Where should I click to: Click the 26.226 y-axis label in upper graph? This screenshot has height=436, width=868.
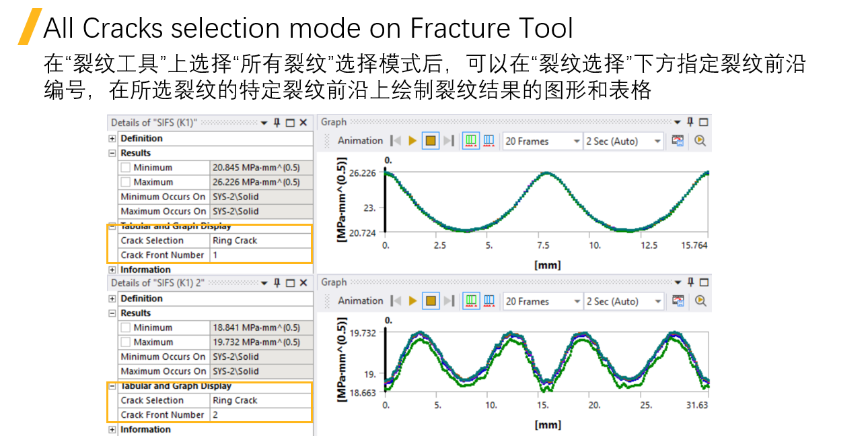(x=363, y=173)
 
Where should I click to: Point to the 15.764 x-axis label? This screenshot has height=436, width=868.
(x=694, y=246)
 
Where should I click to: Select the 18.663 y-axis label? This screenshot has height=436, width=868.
(x=363, y=392)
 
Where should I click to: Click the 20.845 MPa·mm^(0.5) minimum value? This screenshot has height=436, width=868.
(x=256, y=168)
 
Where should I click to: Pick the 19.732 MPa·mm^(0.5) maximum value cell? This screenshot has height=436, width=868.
(x=256, y=342)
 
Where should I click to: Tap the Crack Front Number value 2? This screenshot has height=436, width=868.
(x=215, y=415)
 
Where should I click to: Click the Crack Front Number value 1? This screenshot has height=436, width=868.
(x=215, y=255)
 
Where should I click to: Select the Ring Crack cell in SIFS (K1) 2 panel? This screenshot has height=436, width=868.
(x=235, y=400)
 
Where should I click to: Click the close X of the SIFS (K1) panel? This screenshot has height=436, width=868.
(x=303, y=123)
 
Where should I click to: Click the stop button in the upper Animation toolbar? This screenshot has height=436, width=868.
(x=431, y=141)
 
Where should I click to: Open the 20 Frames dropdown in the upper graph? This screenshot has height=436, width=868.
(x=542, y=142)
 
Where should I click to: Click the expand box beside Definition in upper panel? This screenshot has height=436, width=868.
(x=112, y=139)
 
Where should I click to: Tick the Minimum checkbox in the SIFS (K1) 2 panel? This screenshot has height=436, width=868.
(x=126, y=328)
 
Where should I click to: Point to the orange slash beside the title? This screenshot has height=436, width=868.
(x=30, y=27)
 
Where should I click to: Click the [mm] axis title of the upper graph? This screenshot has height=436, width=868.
(x=547, y=265)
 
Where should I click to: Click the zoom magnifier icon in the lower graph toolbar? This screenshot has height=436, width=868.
(x=700, y=301)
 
